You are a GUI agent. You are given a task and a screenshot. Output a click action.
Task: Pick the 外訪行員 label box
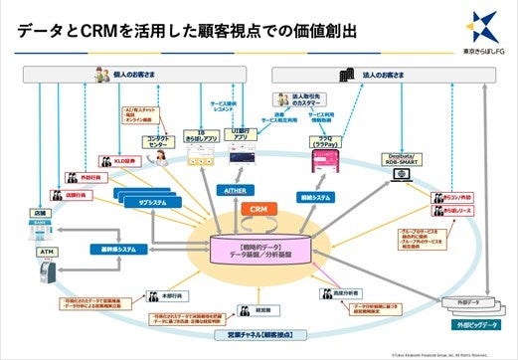coord(87,180)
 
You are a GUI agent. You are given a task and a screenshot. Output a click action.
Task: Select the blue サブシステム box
coord(141,201)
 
